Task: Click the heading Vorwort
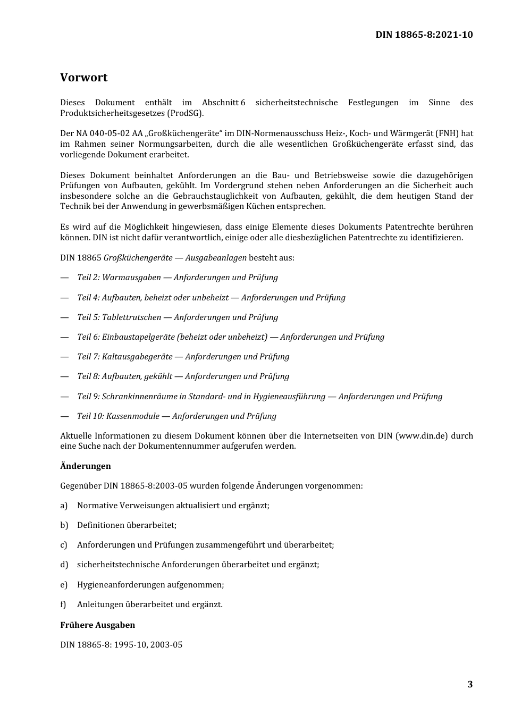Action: click(x=83, y=78)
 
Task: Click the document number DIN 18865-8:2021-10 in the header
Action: click(x=424, y=35)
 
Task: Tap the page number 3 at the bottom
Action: click(x=469, y=684)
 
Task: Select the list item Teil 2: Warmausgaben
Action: click(x=178, y=278)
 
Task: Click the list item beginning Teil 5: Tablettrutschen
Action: click(x=178, y=317)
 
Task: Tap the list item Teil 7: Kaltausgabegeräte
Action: click(x=183, y=357)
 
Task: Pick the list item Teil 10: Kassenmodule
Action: click(x=176, y=416)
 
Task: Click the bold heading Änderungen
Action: click(x=86, y=466)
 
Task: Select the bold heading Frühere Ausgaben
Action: click(x=97, y=625)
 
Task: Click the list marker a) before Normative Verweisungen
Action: click(x=64, y=506)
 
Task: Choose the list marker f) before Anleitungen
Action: click(x=63, y=604)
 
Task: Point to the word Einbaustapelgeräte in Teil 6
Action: click(x=138, y=337)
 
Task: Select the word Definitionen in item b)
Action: click(x=100, y=525)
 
